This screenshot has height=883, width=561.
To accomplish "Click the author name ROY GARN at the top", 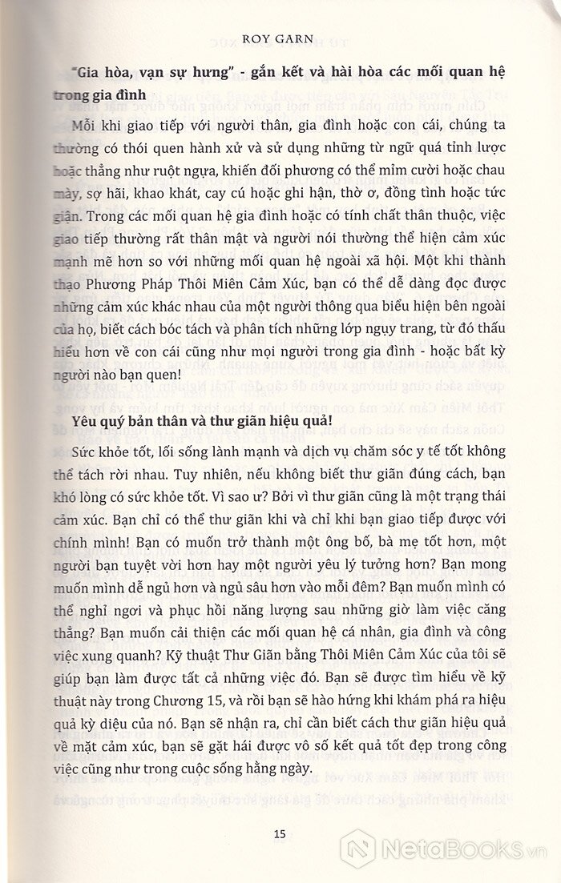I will (x=279, y=14).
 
